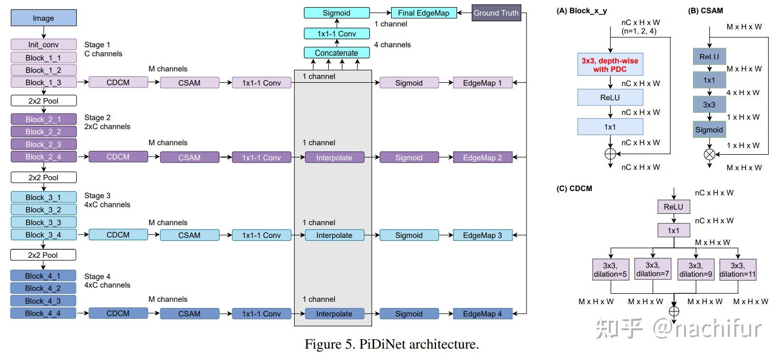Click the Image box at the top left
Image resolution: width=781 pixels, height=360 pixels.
(x=44, y=18)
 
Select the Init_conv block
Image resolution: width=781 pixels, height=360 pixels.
(x=44, y=44)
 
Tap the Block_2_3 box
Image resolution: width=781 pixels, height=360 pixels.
(x=44, y=144)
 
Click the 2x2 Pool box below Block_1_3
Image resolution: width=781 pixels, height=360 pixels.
(x=44, y=101)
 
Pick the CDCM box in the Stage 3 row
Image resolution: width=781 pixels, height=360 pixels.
(x=118, y=235)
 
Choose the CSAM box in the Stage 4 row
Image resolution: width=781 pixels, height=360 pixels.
(x=189, y=314)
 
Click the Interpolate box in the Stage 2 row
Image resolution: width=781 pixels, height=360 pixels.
(x=334, y=158)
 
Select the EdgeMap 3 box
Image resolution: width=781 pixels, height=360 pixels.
(x=483, y=235)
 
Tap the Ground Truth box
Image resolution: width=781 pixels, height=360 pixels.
(x=496, y=13)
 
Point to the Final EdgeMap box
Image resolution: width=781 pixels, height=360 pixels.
(x=423, y=13)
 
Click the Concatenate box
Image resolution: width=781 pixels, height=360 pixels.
(x=336, y=53)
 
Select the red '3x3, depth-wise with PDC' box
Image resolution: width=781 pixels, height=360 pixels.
(x=610, y=65)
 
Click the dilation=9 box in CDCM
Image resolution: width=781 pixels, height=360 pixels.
(x=695, y=270)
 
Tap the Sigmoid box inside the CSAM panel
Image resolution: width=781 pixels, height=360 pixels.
(x=709, y=130)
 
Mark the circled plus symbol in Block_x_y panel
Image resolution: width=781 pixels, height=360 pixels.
(x=610, y=154)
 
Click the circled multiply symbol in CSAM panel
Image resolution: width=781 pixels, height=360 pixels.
(x=709, y=154)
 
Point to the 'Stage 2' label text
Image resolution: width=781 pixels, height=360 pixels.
(x=97, y=117)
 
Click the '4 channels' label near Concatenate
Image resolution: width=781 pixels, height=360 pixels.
(x=392, y=45)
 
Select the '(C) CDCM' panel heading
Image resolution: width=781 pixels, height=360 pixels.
(x=574, y=188)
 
